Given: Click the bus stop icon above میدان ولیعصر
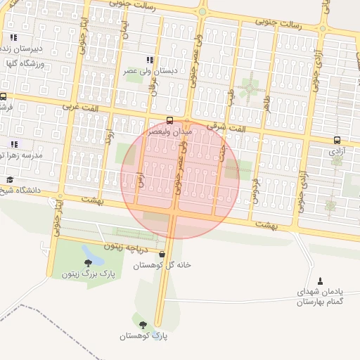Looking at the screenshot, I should click(x=170, y=120).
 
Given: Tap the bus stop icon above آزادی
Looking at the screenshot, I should click(x=337, y=140).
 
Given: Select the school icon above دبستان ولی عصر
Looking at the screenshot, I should click(x=149, y=60).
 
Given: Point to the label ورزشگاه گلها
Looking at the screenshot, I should click(x=21, y=64).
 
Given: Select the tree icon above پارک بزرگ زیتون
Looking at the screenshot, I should click(x=88, y=262).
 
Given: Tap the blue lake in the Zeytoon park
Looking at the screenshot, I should click(x=91, y=252).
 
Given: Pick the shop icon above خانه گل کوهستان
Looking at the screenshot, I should click(x=162, y=254).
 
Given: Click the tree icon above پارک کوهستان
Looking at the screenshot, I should click(x=144, y=325).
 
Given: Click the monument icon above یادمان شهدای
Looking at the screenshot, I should click(x=321, y=281).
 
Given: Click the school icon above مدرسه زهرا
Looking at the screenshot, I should click(x=14, y=143).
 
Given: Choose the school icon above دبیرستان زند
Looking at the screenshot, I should click(x=14, y=37).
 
